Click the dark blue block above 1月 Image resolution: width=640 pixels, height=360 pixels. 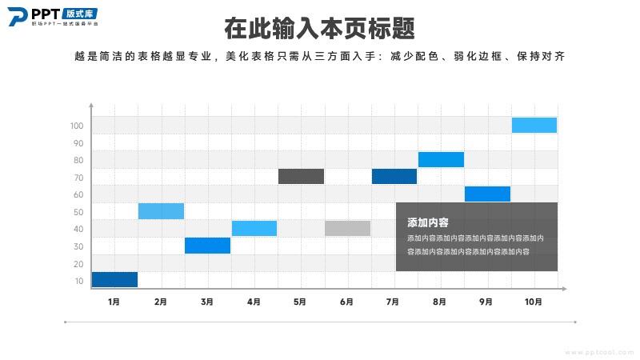(x=114, y=279)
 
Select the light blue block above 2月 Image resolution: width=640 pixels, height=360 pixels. (x=161, y=211)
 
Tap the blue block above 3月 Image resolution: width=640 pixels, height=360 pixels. (x=207, y=246)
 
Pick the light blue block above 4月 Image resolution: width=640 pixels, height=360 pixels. (x=254, y=228)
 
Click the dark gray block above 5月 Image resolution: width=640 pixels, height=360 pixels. (x=301, y=176)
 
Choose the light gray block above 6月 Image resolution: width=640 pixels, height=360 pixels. (x=347, y=228)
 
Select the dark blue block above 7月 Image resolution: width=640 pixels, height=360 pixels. (x=394, y=176)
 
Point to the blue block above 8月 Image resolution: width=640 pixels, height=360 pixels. (x=441, y=159)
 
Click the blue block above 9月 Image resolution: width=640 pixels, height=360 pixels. (x=487, y=194)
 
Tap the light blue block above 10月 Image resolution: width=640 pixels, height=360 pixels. (x=534, y=125)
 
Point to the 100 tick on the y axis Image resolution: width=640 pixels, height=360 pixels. (x=77, y=126)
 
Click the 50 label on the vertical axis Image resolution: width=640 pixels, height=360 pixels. (x=78, y=212)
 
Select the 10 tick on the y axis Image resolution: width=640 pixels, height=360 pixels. (x=78, y=281)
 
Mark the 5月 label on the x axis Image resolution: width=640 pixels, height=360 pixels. (x=301, y=302)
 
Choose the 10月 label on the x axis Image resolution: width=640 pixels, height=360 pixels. (x=534, y=302)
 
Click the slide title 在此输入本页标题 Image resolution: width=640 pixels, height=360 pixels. (x=320, y=29)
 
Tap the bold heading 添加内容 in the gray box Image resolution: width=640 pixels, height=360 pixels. (x=427, y=222)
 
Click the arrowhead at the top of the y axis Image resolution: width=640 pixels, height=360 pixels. (x=92, y=106)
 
